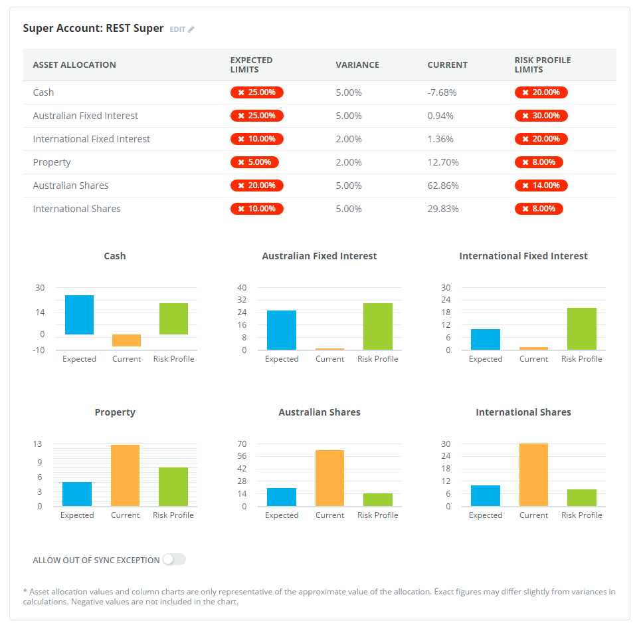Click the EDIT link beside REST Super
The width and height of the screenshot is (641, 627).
click(x=181, y=29)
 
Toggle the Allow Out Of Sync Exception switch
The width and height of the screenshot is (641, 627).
click(x=174, y=560)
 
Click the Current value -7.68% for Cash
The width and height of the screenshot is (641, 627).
click(x=442, y=92)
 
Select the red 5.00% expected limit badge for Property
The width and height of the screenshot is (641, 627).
click(x=254, y=162)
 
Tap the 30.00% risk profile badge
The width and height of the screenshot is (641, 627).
click(x=541, y=116)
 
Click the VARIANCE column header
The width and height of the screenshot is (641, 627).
click(x=357, y=65)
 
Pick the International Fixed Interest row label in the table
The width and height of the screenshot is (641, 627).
click(x=92, y=139)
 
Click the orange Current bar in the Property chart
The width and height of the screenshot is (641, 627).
click(x=125, y=475)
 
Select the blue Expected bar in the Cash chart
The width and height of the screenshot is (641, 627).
click(x=79, y=314)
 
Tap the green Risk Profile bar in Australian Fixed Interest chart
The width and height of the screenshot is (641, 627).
click(x=377, y=326)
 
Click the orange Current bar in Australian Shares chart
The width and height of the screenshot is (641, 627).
click(x=329, y=478)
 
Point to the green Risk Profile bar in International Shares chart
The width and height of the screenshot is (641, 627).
click(x=581, y=497)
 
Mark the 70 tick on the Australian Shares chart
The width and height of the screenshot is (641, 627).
click(x=242, y=444)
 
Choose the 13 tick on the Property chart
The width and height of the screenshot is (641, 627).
click(x=38, y=444)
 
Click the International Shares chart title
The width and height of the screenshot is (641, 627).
click(x=523, y=412)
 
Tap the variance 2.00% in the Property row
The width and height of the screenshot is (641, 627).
click(x=349, y=162)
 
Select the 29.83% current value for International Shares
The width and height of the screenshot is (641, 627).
click(x=443, y=209)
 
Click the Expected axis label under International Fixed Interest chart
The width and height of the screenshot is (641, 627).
click(x=486, y=359)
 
